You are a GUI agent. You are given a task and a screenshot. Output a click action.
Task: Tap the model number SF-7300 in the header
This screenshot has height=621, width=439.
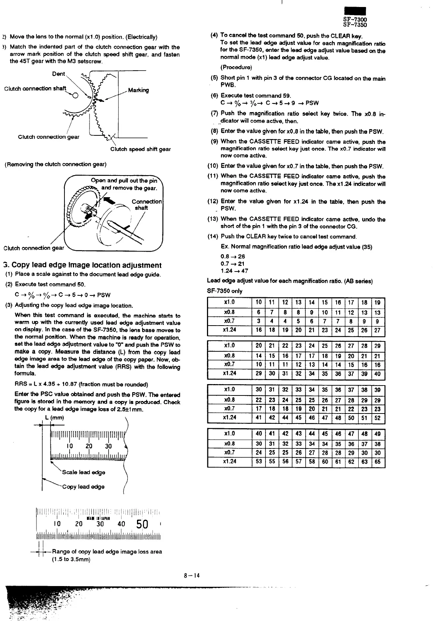click(355, 20)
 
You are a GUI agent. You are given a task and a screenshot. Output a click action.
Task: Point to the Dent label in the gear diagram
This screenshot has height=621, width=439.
click(59, 74)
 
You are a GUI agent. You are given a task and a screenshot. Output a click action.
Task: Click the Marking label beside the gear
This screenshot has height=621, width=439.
click(138, 90)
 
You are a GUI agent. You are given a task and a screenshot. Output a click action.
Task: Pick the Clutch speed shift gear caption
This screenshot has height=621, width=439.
click(140, 149)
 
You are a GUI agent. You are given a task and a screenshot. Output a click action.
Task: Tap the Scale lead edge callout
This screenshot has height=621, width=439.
click(84, 472)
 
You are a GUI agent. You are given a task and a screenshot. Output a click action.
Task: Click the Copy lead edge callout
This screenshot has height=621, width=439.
click(83, 487)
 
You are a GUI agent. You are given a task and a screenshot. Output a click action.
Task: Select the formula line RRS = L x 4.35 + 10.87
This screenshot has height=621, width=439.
click(81, 384)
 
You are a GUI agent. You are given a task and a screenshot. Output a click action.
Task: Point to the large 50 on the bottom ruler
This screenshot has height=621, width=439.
click(142, 524)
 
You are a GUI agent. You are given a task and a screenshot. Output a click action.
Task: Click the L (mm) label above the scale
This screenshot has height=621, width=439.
click(55, 418)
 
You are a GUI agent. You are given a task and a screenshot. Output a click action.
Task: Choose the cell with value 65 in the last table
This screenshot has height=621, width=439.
click(377, 461)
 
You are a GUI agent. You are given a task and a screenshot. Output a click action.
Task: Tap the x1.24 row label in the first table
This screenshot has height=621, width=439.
click(229, 330)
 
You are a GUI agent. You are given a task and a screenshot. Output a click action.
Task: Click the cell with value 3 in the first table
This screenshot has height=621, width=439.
click(259, 321)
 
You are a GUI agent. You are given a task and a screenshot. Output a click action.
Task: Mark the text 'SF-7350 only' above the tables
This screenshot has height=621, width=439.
click(225, 291)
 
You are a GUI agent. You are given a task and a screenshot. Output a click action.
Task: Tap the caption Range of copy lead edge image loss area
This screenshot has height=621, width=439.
click(107, 551)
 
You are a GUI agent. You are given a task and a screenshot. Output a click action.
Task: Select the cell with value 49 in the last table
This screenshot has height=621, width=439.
click(377, 434)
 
